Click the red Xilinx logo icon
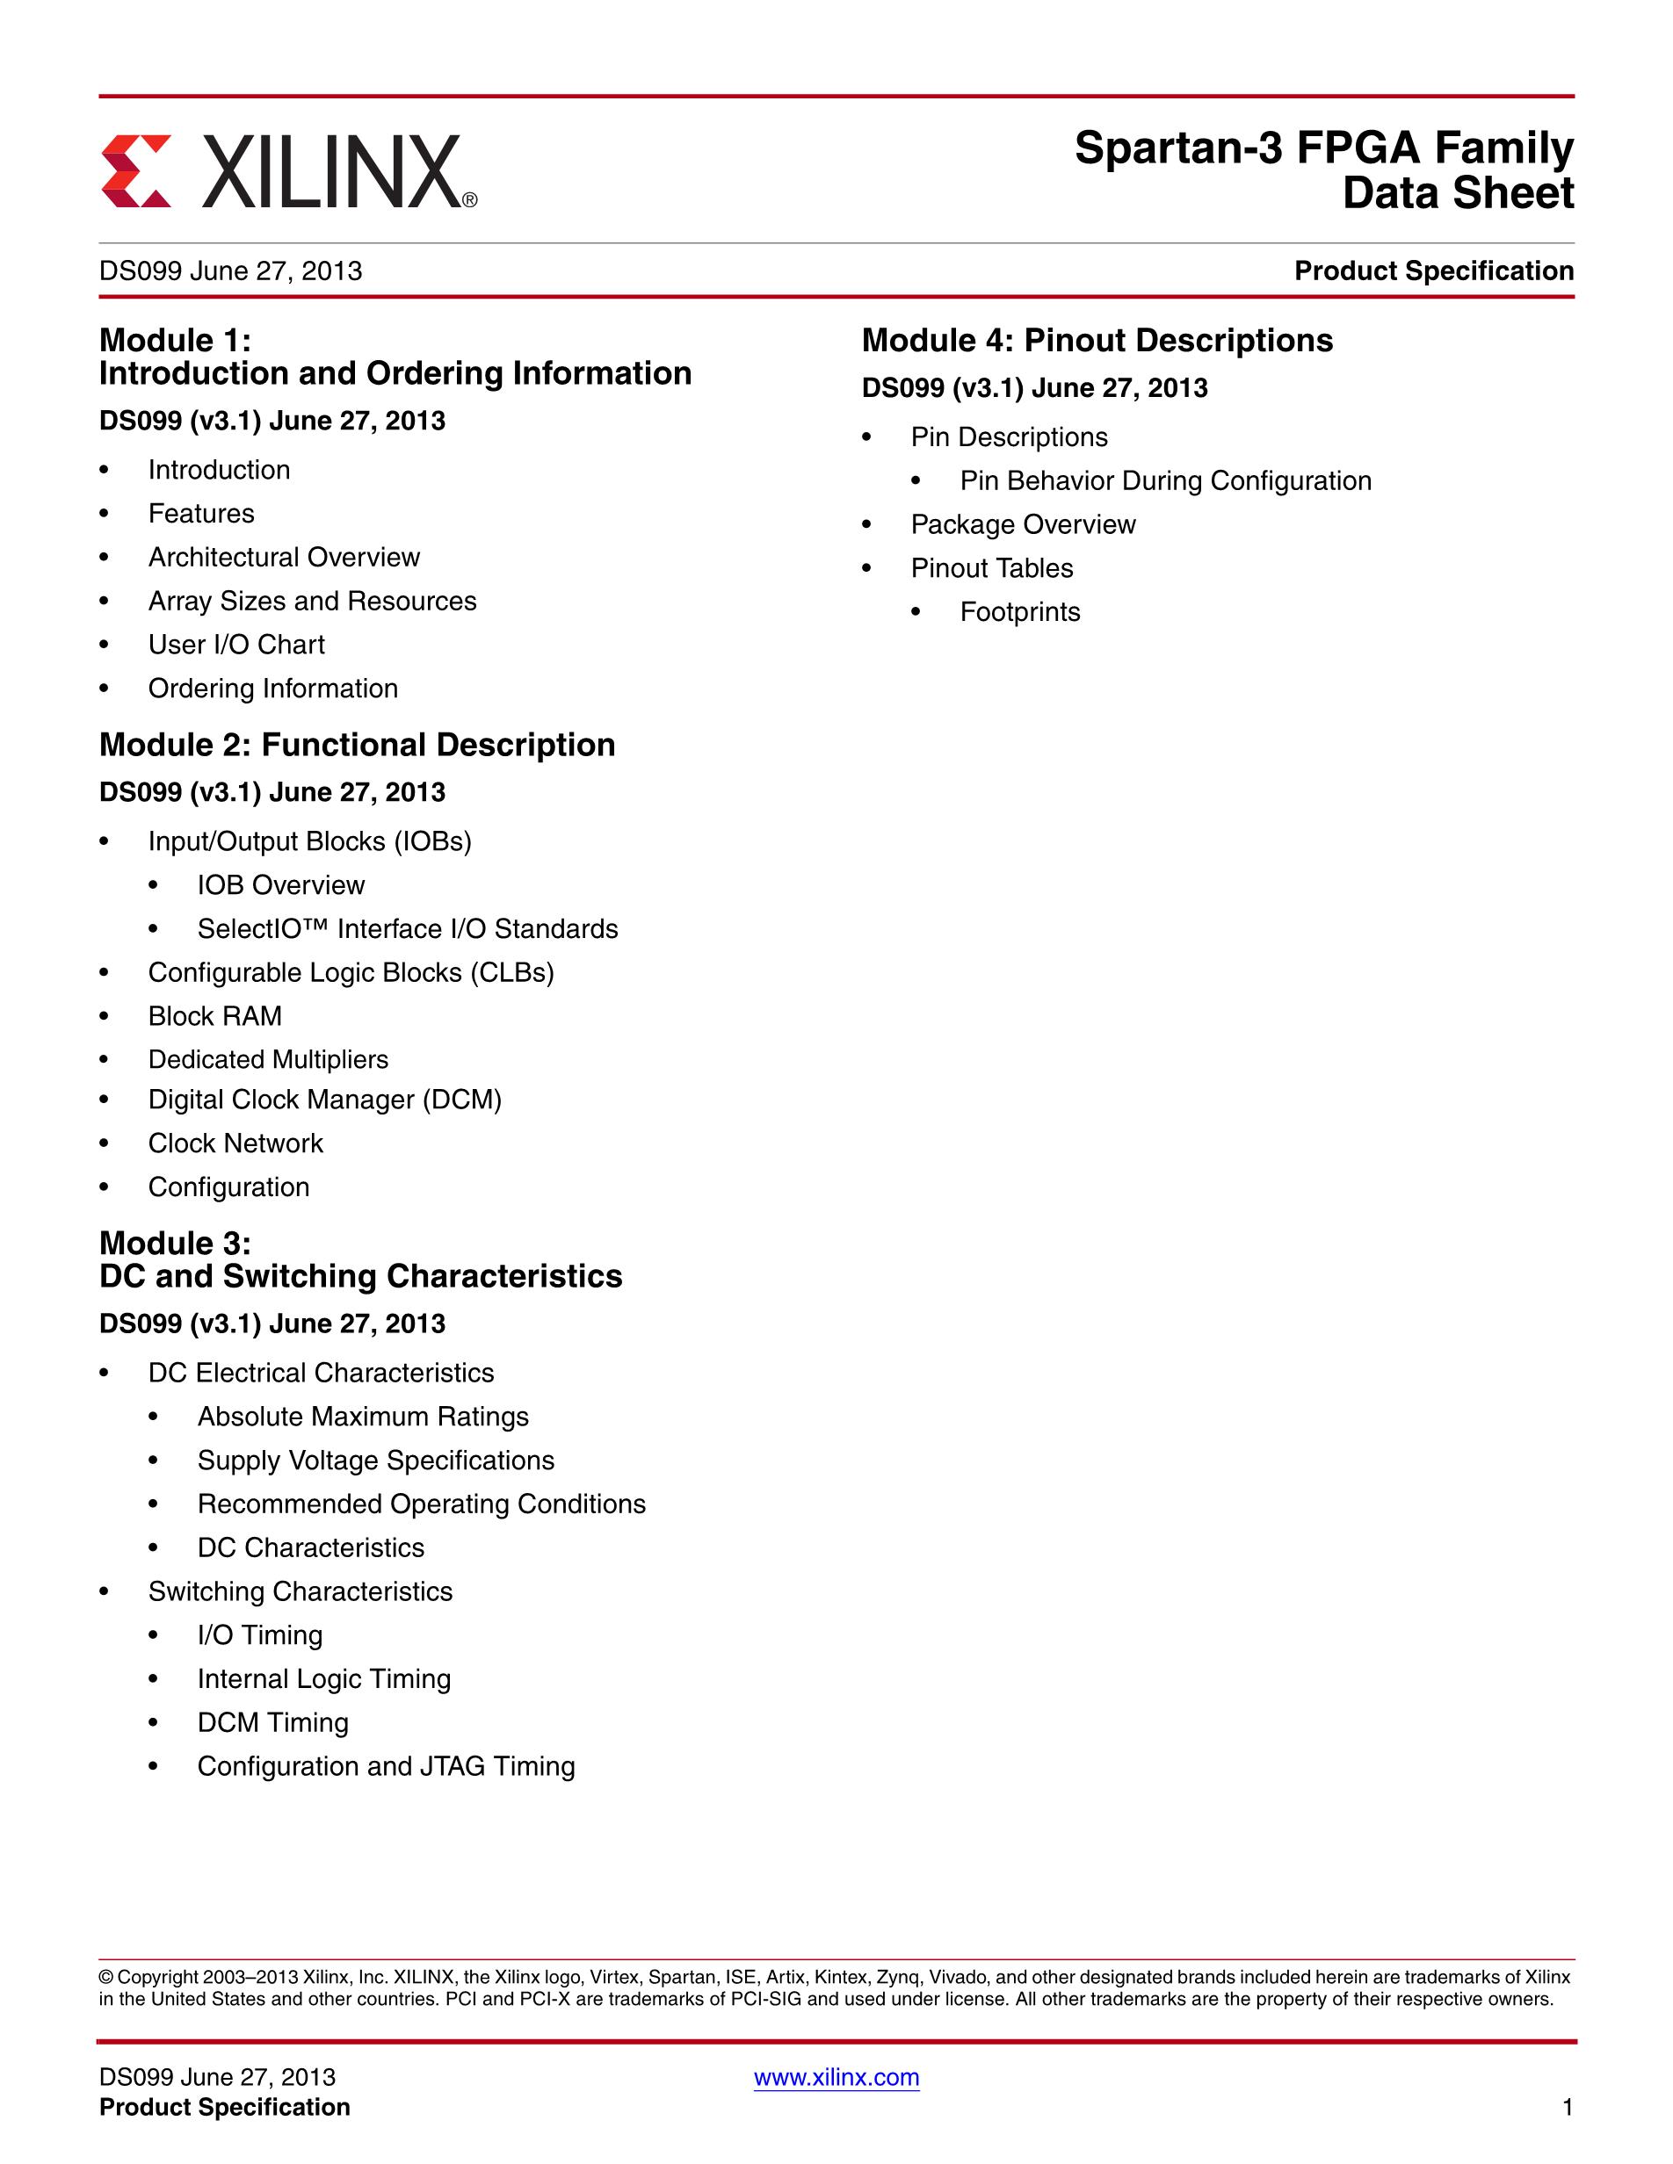click(x=136, y=170)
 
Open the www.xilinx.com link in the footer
click(x=836, y=2077)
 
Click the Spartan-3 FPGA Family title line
click(x=1323, y=148)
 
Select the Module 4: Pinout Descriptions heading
click(x=1097, y=340)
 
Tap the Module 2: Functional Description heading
click(x=357, y=744)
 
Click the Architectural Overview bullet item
click(x=284, y=557)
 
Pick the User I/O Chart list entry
click(x=235, y=644)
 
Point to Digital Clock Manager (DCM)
click(x=324, y=1099)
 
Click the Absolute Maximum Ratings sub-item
click(x=363, y=1416)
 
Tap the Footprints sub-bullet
click(x=1020, y=611)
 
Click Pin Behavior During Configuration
click(x=1165, y=480)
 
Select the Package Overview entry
click(x=1023, y=524)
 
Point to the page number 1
click(x=1567, y=2108)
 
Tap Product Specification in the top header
click(x=1433, y=270)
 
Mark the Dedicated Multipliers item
click(x=268, y=1059)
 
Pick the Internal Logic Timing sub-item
click(x=324, y=1678)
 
